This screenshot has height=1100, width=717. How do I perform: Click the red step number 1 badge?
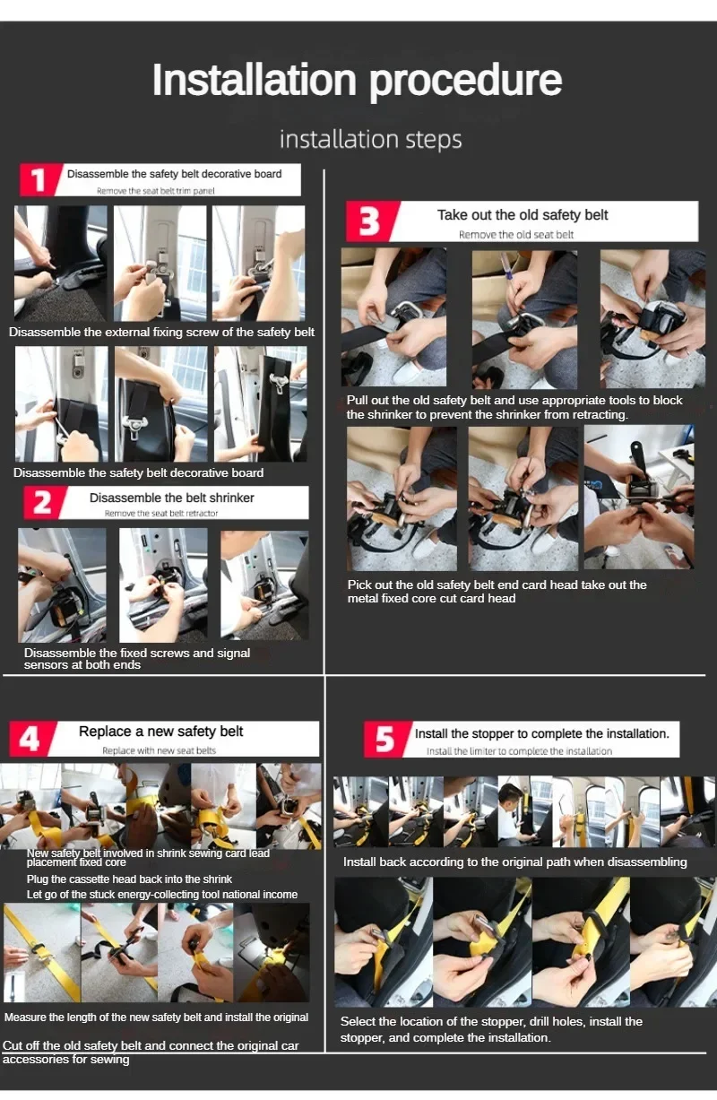tap(39, 179)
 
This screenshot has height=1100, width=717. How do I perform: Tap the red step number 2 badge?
tap(43, 502)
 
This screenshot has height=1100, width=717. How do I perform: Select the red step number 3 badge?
tap(371, 221)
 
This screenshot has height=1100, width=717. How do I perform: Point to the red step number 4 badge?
tap(31, 738)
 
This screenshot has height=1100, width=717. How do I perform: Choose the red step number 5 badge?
tap(386, 739)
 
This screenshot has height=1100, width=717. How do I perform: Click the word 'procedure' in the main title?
tap(465, 80)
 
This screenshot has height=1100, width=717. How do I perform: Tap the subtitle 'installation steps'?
tap(371, 139)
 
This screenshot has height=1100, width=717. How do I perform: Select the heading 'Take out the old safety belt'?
tap(523, 215)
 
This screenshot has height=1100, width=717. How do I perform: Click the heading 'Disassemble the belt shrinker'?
tap(172, 498)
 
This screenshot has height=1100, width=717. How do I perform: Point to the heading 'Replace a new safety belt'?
tap(161, 732)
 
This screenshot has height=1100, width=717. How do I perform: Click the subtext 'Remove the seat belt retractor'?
tap(161, 513)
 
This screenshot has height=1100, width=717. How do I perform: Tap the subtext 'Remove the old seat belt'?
tap(516, 235)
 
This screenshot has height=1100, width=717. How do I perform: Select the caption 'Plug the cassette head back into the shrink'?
tap(129, 879)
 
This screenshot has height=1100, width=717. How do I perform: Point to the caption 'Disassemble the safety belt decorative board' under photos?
tap(139, 473)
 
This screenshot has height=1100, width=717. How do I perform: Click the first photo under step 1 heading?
tap(60, 264)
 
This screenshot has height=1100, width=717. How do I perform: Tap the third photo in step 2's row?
tap(264, 585)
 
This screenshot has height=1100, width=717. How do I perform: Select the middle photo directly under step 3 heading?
tap(524, 319)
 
